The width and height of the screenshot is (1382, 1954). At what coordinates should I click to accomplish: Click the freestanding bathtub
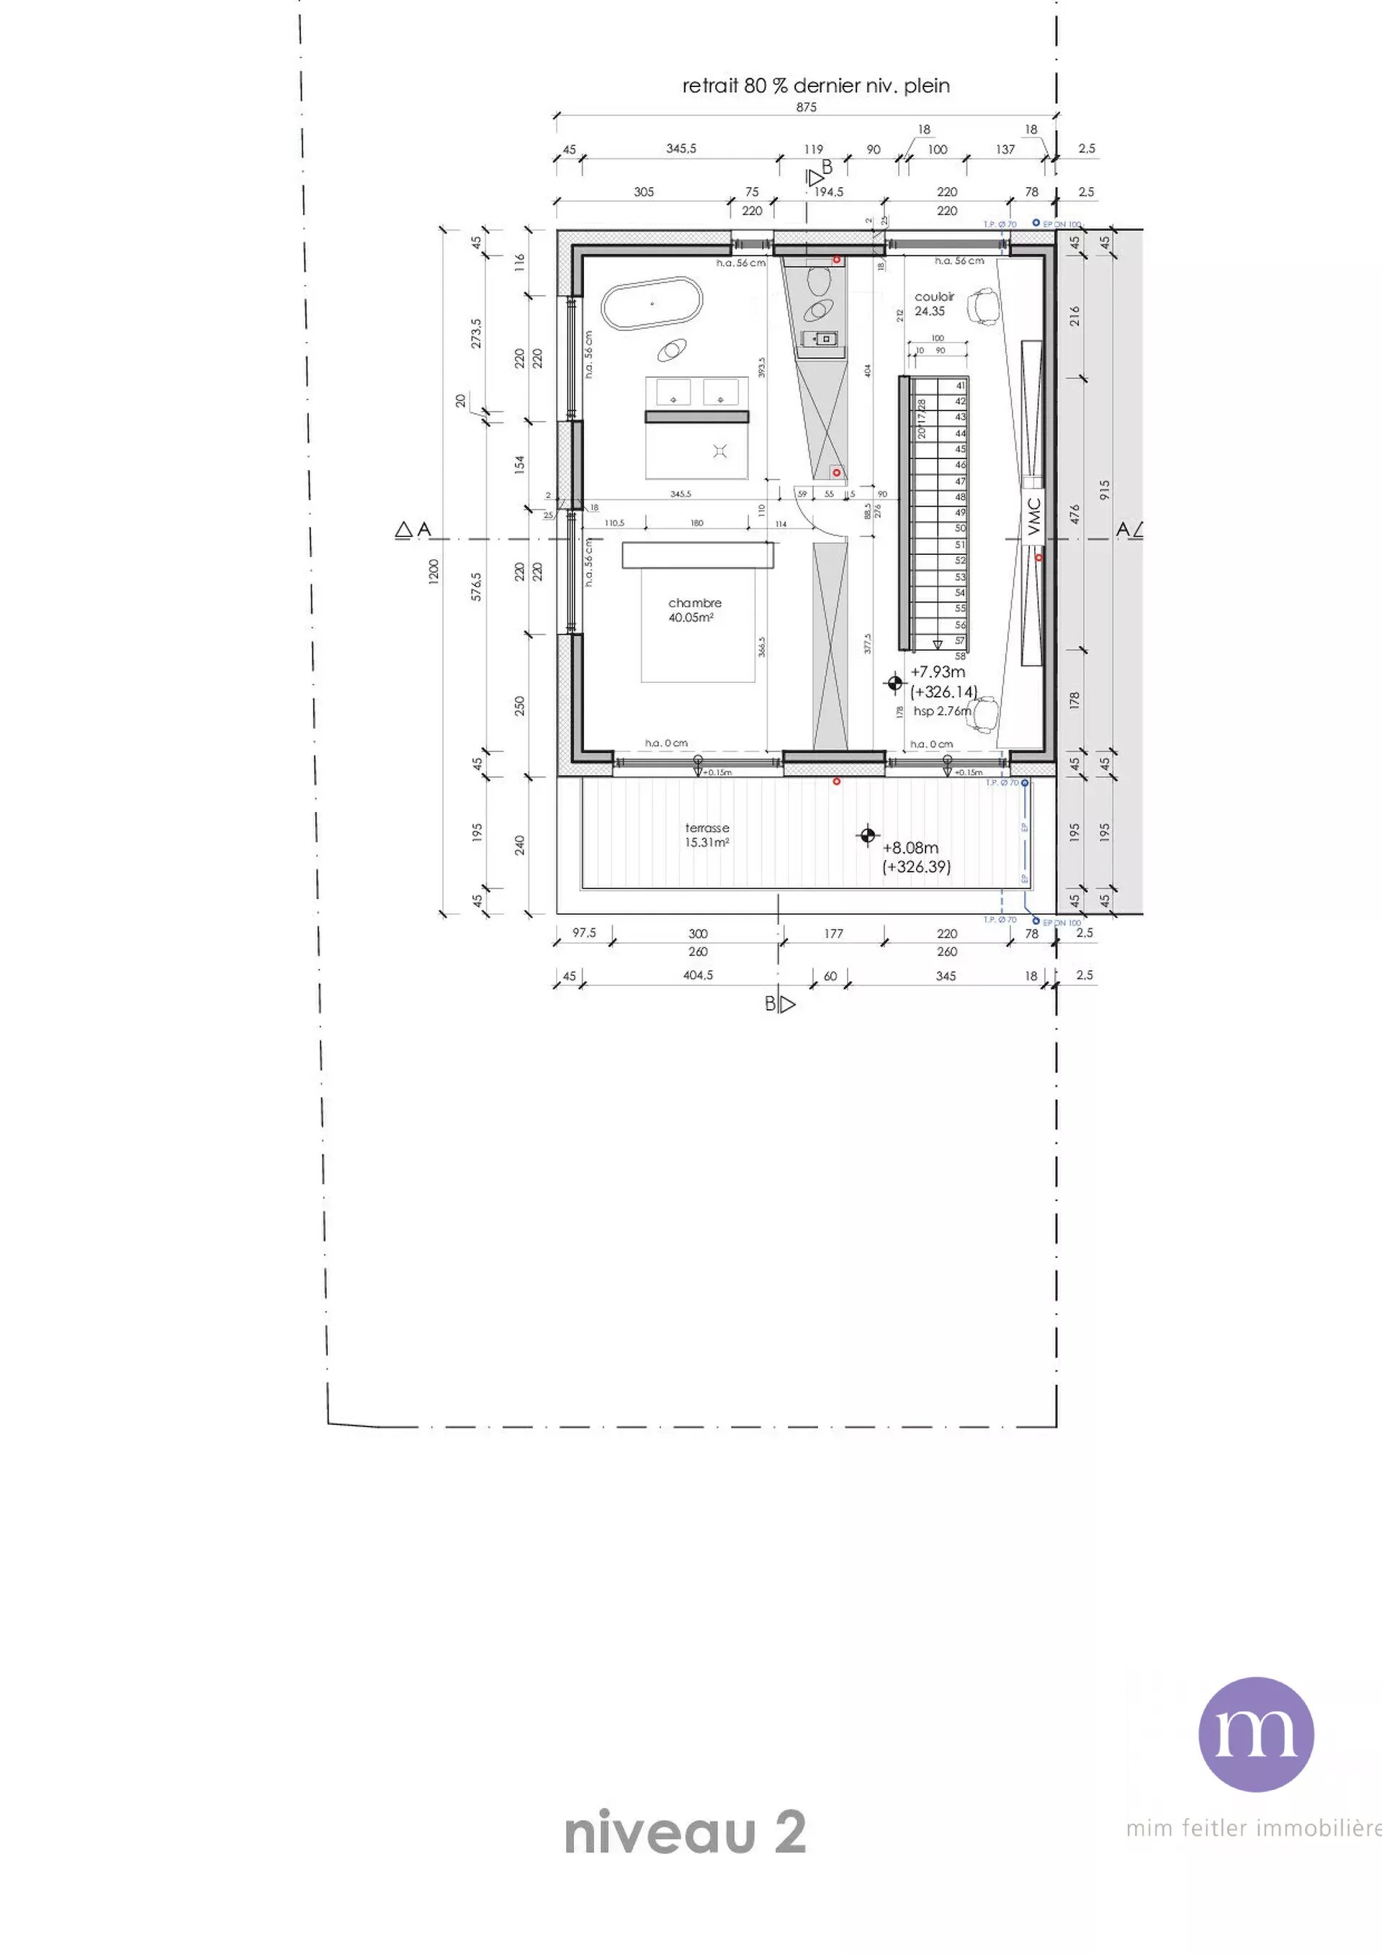tap(652, 303)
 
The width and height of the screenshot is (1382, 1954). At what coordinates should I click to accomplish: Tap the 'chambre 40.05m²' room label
tap(694, 610)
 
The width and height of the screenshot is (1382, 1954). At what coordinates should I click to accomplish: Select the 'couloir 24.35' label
tap(933, 304)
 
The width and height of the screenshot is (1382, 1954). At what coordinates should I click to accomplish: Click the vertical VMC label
tap(1033, 517)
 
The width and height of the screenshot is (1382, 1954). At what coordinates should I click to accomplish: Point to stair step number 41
tap(961, 386)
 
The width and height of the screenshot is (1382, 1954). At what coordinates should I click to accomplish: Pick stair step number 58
tap(961, 656)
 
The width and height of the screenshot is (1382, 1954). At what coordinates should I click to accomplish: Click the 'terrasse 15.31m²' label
tap(706, 834)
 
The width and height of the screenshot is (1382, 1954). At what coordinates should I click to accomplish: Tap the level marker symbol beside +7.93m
tap(894, 682)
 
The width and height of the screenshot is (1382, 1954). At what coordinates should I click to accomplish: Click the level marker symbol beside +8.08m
tap(867, 836)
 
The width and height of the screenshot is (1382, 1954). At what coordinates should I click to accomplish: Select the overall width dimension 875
tap(806, 107)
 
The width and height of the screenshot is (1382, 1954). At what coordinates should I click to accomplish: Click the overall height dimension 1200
tap(434, 570)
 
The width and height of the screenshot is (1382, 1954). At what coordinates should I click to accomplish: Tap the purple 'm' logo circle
tap(1255, 1734)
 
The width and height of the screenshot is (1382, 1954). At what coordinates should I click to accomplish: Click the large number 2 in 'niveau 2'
tap(789, 1833)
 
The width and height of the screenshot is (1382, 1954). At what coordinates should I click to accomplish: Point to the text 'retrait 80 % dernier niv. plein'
tap(815, 86)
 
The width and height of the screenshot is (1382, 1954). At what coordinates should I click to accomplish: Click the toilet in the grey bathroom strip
tap(819, 281)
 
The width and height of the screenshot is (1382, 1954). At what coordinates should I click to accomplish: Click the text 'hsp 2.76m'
tap(942, 710)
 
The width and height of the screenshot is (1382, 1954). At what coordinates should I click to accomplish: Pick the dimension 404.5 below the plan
tap(697, 975)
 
